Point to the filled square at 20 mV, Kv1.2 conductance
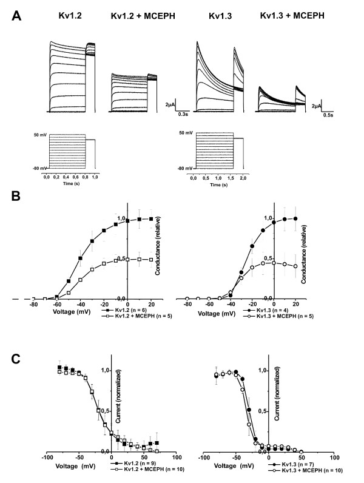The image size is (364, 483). (x=150, y=218)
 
